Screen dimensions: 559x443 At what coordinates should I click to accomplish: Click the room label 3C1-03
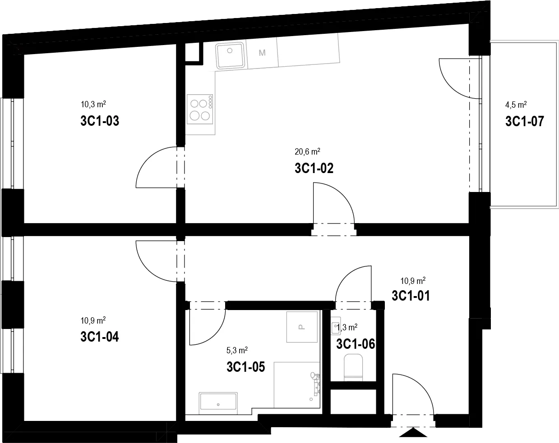tap(100, 121)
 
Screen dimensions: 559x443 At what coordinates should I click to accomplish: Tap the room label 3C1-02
tap(314, 168)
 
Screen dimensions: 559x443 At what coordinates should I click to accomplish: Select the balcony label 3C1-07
tap(525, 121)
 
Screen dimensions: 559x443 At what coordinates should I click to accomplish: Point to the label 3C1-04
tap(100, 337)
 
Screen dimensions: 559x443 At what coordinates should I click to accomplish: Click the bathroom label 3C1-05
tap(246, 367)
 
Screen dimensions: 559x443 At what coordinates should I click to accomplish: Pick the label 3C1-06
tap(356, 344)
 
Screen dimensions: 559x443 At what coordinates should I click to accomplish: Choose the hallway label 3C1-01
tap(411, 296)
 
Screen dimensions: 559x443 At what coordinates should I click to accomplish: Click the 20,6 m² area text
tap(307, 151)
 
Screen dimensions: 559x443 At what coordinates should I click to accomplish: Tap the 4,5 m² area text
tap(516, 105)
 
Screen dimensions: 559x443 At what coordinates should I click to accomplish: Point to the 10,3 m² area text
tap(93, 104)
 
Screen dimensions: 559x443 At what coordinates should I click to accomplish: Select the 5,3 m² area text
tap(237, 350)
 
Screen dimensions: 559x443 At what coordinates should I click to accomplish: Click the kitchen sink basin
tap(230, 55)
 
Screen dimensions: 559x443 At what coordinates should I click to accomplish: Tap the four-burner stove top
tap(200, 109)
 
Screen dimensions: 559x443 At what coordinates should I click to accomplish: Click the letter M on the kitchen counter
tap(262, 53)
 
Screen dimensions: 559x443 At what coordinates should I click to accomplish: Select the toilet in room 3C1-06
tap(353, 367)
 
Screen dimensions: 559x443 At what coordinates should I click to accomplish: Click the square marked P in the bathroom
tap(302, 327)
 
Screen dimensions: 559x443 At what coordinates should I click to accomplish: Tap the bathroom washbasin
tap(218, 403)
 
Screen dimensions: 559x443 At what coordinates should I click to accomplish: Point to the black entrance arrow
tap(413, 433)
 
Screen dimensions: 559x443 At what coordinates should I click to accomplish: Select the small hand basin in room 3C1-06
tap(336, 326)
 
